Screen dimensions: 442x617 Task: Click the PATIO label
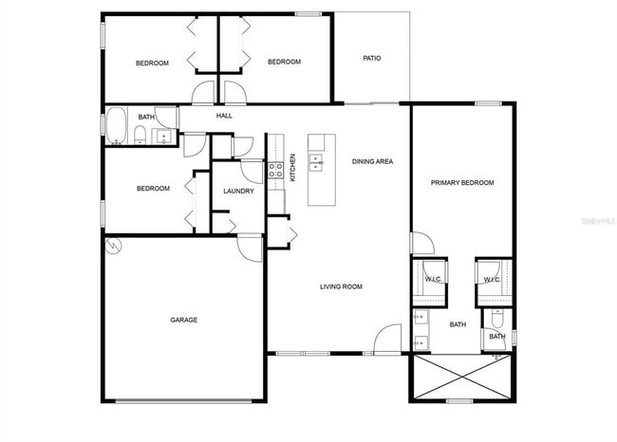(x=372, y=58)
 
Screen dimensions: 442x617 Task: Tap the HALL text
(x=224, y=116)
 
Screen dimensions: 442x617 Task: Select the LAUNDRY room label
(x=238, y=191)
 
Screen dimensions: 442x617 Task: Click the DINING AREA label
(x=372, y=161)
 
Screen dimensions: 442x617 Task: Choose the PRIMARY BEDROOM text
(x=462, y=183)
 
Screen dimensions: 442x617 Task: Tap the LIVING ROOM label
(x=341, y=285)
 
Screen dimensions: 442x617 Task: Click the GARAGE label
(x=183, y=320)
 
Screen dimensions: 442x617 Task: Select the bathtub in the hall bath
(x=117, y=126)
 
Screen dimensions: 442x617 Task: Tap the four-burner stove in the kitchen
(x=275, y=171)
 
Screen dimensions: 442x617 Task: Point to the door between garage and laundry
(x=250, y=246)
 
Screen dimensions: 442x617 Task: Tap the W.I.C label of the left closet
(x=433, y=280)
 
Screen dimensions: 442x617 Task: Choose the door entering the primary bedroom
(x=421, y=244)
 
